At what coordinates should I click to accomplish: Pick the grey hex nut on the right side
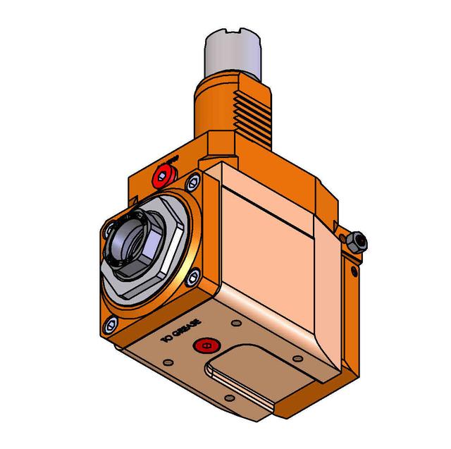(x=357, y=242)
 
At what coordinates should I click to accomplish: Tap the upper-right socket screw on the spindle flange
(x=191, y=185)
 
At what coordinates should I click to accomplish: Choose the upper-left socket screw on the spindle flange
(x=109, y=230)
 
